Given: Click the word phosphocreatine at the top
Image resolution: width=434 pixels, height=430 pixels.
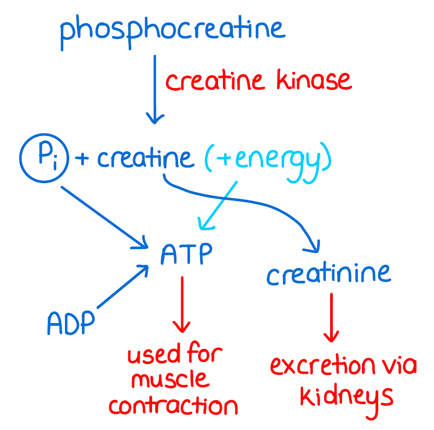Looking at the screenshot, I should (172, 30).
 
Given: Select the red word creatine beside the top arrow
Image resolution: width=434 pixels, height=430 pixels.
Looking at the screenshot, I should (215, 82).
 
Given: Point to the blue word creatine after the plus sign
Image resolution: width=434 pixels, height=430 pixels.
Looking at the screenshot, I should (144, 158).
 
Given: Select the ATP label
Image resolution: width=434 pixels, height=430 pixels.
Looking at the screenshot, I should (186, 254).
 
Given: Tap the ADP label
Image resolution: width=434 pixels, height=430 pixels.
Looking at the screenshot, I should (70, 323).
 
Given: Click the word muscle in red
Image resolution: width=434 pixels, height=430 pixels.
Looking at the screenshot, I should (170, 380).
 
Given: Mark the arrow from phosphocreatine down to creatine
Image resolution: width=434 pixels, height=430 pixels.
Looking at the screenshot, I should (155, 89).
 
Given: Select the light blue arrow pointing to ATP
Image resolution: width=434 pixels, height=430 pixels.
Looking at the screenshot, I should (219, 205).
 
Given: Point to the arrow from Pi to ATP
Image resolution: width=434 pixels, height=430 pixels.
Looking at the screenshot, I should (103, 216).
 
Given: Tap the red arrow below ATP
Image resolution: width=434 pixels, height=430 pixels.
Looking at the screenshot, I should (182, 305).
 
